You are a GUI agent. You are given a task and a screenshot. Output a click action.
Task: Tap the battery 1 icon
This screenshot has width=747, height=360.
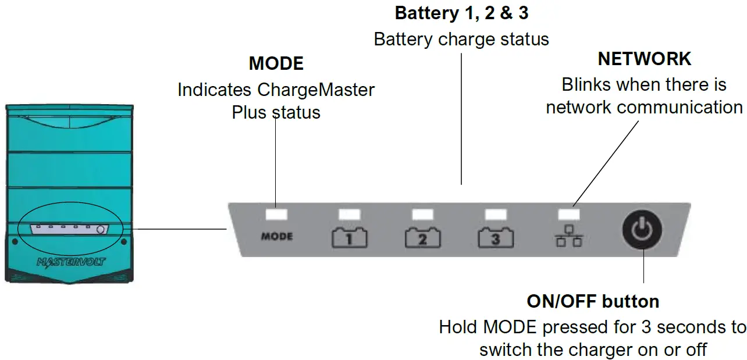(x=349, y=238)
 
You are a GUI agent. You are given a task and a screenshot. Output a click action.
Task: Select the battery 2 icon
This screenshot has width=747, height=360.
(x=422, y=238)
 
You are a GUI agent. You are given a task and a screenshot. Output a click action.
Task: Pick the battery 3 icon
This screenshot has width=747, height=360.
(x=495, y=238)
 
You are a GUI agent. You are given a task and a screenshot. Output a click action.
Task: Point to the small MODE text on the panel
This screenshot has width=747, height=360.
(x=276, y=237)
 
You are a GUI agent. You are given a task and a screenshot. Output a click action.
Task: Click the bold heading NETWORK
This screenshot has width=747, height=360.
(x=644, y=59)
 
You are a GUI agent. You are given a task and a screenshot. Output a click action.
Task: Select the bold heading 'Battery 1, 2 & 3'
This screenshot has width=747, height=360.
(x=461, y=13)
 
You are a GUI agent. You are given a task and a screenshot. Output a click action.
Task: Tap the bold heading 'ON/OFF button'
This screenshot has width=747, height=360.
(x=593, y=301)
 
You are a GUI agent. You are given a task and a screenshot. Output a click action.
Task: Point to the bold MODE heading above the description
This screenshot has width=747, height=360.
(x=276, y=63)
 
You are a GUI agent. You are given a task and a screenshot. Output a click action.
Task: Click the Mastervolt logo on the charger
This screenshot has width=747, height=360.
(x=71, y=262)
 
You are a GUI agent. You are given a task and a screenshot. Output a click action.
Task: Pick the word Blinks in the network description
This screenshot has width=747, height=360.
(x=586, y=85)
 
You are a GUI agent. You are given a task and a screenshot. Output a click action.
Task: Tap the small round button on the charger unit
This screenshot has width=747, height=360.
(x=101, y=230)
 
